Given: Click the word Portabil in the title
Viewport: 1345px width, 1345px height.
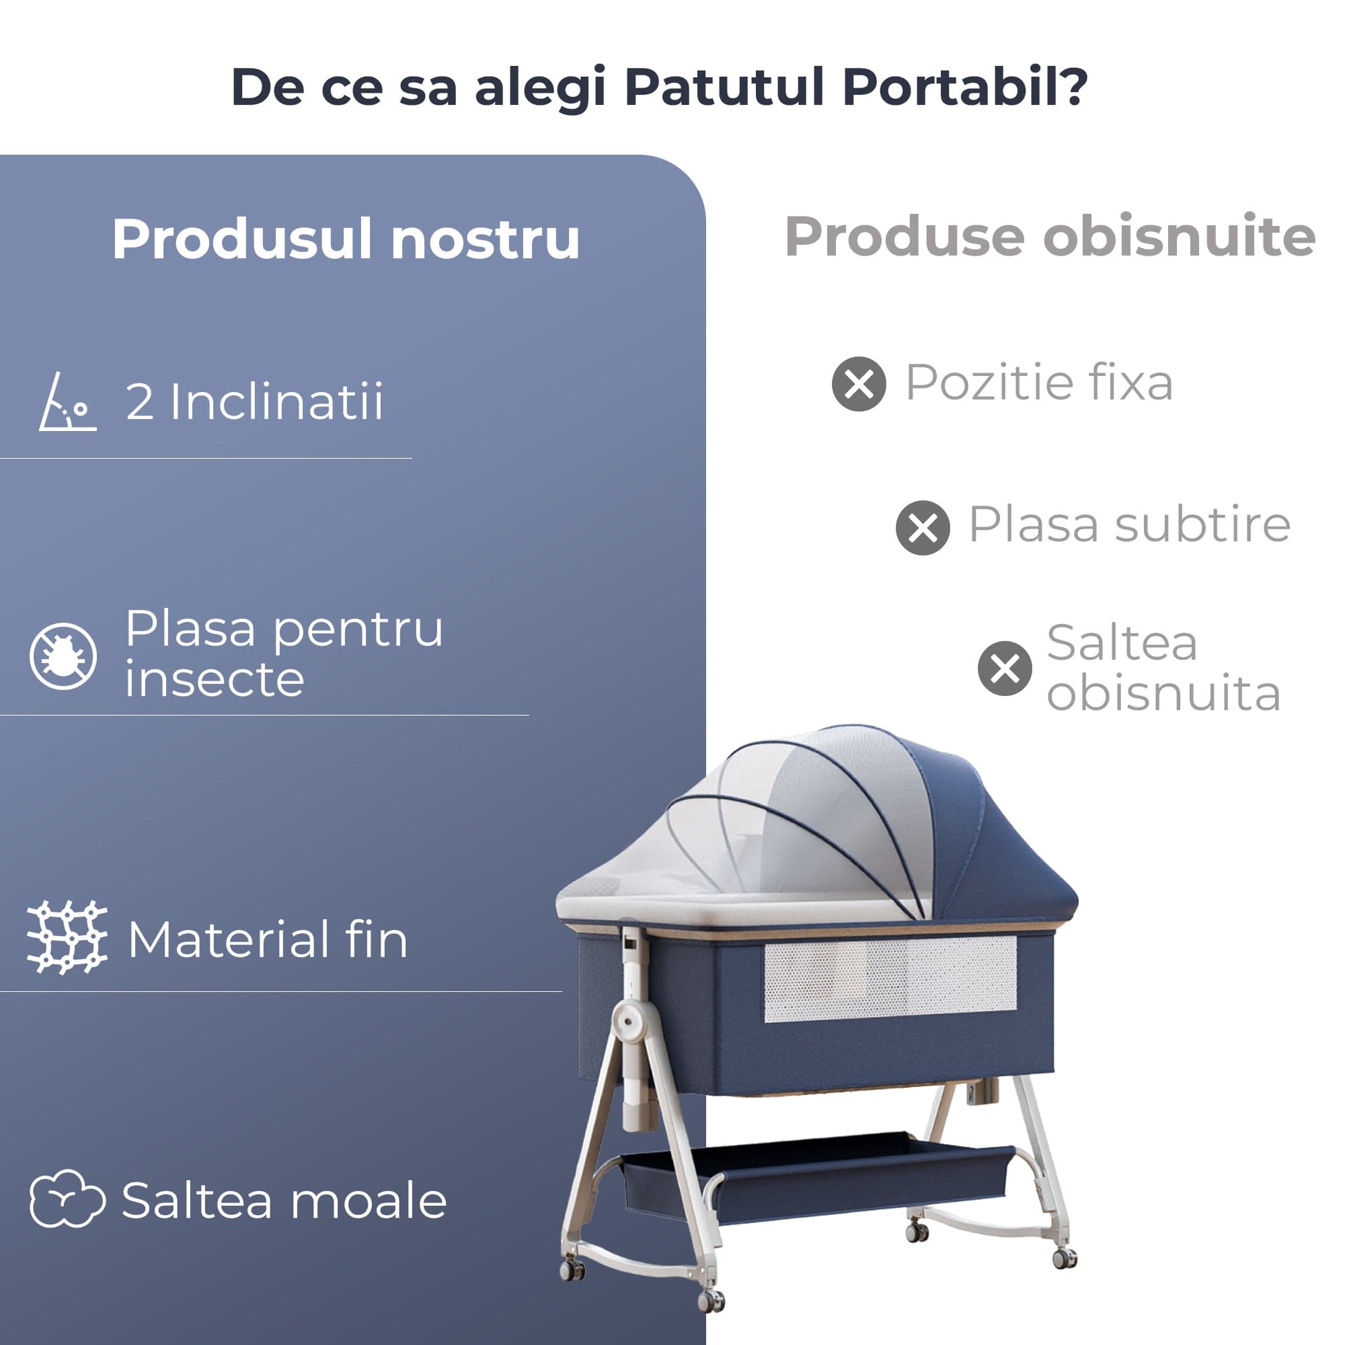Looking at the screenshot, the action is click(x=965, y=87).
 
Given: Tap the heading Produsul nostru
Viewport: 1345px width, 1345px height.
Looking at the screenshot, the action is click(x=346, y=239).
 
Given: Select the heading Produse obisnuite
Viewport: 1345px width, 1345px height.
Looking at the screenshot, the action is click(x=1050, y=236).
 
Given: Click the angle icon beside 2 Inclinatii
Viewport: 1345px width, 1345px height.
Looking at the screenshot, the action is click(x=67, y=401).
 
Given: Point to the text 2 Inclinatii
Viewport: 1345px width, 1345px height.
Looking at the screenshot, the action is click(x=254, y=401).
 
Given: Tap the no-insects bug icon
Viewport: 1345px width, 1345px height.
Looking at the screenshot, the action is click(x=63, y=656).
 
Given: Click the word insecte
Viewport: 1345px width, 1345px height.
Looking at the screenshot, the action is click(x=215, y=679).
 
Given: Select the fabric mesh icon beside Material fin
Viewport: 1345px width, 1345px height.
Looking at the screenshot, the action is click(x=67, y=937).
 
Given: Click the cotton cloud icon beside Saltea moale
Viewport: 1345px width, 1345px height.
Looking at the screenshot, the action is click(x=67, y=1198).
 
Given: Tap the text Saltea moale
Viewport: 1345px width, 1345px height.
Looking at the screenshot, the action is click(x=284, y=1200).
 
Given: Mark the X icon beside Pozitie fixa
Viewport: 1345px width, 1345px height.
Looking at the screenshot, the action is click(x=858, y=383).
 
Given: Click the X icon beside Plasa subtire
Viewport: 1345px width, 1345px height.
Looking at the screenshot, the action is click(x=923, y=528).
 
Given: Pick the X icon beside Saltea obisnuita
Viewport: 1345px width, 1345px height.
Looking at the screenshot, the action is click(x=1005, y=668).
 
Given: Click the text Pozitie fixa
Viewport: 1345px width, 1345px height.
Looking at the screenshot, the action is click(x=1040, y=382).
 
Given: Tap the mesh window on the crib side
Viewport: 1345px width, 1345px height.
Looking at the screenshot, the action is click(x=890, y=978).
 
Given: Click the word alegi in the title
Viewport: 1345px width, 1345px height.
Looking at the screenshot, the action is click(x=539, y=88).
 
